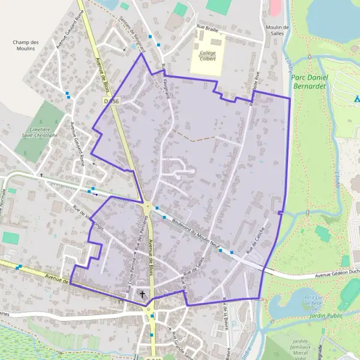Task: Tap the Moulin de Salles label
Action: (x=277, y=31)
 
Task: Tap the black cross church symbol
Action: (x=143, y=293)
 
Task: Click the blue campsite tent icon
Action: (x=356, y=98)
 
